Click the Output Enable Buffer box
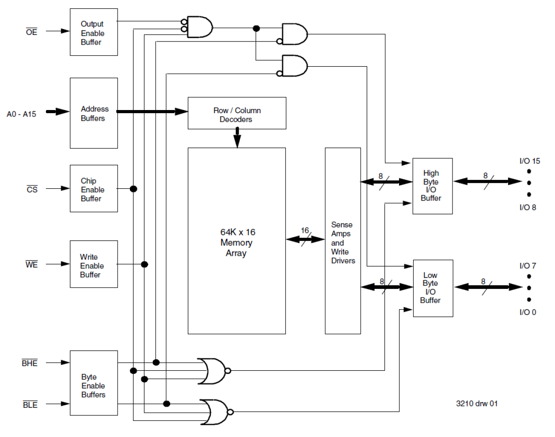click(94, 32)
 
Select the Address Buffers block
click(94, 113)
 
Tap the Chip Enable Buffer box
click(94, 189)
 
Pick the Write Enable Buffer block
click(94, 264)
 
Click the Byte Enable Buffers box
click(94, 383)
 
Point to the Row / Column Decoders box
click(237, 114)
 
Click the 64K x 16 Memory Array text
click(237, 242)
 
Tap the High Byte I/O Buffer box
click(432, 186)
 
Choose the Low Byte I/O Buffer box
click(432, 288)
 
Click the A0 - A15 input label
click(21, 114)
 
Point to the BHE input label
click(30, 363)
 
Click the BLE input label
click(30, 405)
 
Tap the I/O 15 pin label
click(529, 161)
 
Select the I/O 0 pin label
click(528, 312)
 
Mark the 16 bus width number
click(305, 230)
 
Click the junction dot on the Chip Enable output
click(133, 189)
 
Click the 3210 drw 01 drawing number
click(477, 403)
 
